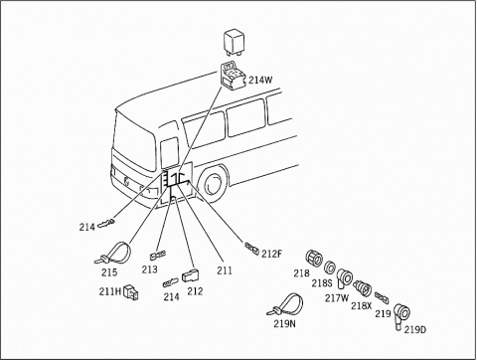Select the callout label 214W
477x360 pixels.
(261, 80)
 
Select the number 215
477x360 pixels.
(109, 272)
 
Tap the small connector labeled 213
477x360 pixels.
(156, 255)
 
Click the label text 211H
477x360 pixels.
(108, 292)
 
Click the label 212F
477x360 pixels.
(271, 253)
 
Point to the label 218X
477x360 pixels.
(361, 305)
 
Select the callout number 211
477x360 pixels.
(225, 270)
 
